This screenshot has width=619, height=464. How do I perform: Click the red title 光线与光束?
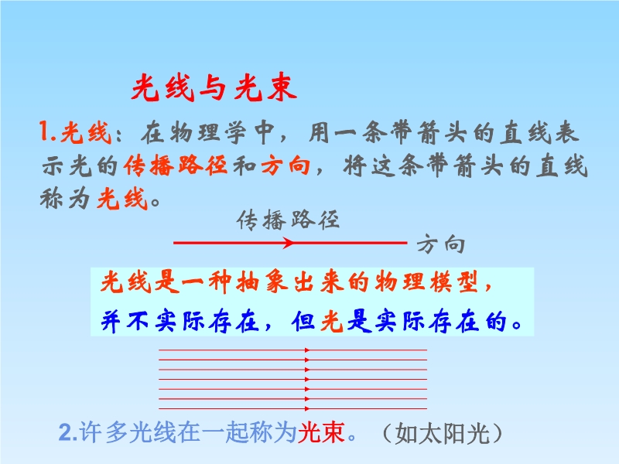click(x=214, y=87)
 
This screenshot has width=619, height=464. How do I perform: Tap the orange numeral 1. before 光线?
click(x=47, y=131)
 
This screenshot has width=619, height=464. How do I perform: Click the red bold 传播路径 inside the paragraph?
click(x=176, y=165)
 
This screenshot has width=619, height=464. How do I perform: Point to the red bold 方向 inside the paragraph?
click(x=286, y=165)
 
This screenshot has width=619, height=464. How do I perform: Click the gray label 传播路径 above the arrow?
click(x=288, y=220)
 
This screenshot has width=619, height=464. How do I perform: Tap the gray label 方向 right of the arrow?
click(x=441, y=244)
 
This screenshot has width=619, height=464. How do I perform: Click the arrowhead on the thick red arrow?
click(x=289, y=243)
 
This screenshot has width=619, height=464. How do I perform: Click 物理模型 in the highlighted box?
click(x=427, y=281)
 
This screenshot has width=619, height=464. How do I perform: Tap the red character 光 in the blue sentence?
click(x=332, y=321)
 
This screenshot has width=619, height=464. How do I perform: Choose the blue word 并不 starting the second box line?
click(x=125, y=321)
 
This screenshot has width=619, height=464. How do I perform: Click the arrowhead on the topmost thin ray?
click(x=307, y=350)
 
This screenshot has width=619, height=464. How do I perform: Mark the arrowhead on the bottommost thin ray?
click(x=307, y=409)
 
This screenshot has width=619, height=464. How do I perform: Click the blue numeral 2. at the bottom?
click(x=68, y=433)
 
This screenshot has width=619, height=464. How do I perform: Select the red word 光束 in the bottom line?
click(x=321, y=432)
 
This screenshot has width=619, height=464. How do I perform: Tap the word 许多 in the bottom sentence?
click(x=104, y=432)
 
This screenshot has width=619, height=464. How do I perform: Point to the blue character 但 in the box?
click(x=304, y=321)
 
